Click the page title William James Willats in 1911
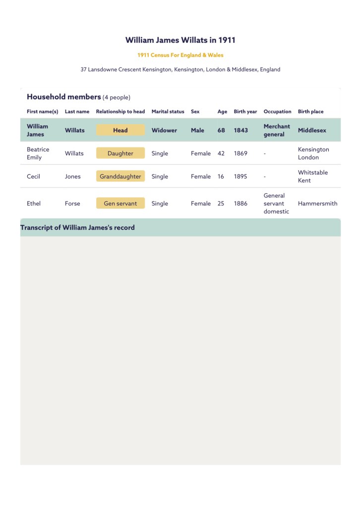coord(180,40)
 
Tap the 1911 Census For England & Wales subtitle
coord(180,55)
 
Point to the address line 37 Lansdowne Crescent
coord(180,69)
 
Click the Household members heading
coord(64,97)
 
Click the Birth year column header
coord(245,112)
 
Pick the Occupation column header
coord(277,112)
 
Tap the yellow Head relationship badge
coord(120,130)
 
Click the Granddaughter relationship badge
coord(120,177)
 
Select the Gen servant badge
coord(120,203)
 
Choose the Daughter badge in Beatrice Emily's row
coord(120,153)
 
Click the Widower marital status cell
coord(164,130)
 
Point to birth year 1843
coord(241,130)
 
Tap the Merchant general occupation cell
coord(277,130)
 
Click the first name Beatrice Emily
coord(38,153)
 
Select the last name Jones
coord(72,177)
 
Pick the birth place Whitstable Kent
coord(312,177)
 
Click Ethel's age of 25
coord(221,203)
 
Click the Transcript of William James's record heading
coord(77,228)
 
